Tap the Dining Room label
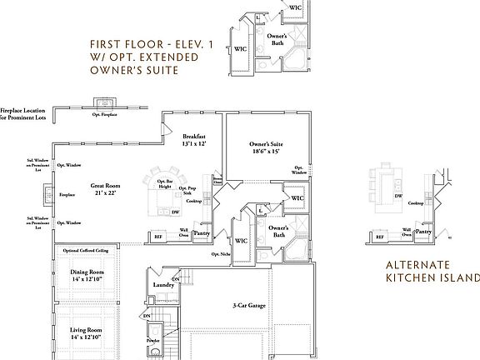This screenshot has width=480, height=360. pyautogui.click(x=87, y=275)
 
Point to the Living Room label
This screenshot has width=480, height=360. pyautogui.click(x=86, y=332)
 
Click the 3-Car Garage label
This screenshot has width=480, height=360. pyautogui.click(x=249, y=306)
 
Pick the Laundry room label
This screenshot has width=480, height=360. pyautogui.click(x=163, y=285)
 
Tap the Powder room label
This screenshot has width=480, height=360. pyautogui.click(x=152, y=341)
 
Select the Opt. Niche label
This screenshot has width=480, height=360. pyautogui.click(x=220, y=253)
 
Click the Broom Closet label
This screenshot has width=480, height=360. pyautogui.click(x=217, y=180)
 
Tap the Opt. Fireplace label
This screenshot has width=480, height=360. pyautogui.click(x=104, y=114)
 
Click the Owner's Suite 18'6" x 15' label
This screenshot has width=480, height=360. pyautogui.click(x=264, y=148)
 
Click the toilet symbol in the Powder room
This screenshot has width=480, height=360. pyautogui.click(x=153, y=352)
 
